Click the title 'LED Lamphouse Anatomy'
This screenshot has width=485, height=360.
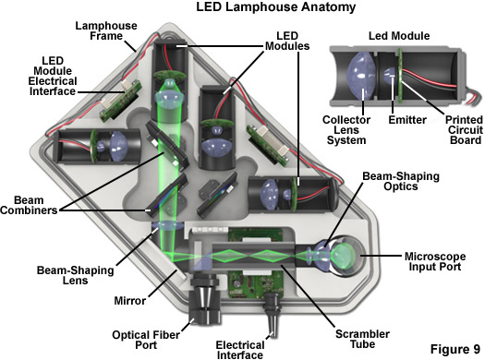click(275, 6)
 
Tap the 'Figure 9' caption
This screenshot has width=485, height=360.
click(455, 349)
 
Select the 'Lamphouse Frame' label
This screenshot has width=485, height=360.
click(106, 30)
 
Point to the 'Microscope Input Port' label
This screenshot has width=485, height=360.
click(435, 261)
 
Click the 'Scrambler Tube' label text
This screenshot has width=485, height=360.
click(362, 339)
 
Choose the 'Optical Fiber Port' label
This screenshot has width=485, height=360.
click(146, 340)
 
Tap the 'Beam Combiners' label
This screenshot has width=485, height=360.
click(29, 205)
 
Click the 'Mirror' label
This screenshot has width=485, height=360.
click(130, 300)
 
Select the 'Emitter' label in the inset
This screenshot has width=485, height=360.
click(407, 120)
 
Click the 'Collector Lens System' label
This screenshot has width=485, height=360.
click(346, 130)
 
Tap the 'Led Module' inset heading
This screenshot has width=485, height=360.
click(399, 36)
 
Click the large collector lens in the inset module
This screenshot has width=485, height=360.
click(361, 76)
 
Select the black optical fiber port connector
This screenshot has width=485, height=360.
click(205, 299)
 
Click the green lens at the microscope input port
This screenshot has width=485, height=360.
click(343, 256)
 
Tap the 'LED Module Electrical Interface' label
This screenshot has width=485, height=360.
click(53, 76)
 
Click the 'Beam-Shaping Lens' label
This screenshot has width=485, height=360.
click(76, 275)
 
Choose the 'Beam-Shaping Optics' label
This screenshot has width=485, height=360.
click(401, 181)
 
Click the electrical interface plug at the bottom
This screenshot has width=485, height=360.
click(272, 314)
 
